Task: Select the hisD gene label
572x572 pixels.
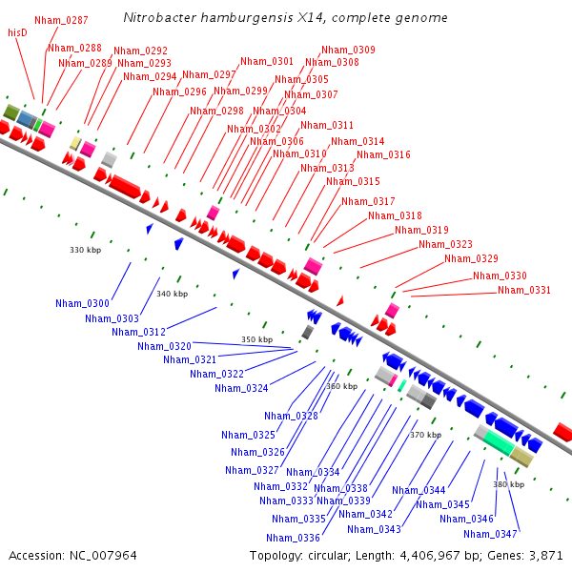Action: pos(17,32)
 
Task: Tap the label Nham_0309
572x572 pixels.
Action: pos(348,50)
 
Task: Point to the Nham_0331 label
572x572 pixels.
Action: pos(523,290)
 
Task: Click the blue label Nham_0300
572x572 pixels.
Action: pos(82,303)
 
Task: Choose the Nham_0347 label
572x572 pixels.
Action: pos(491,534)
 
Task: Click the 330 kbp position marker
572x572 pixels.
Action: pos(85,250)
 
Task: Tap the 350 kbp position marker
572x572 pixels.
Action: pos(255,339)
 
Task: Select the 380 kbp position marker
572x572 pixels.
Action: pos(509,484)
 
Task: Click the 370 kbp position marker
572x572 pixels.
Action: pos(425,435)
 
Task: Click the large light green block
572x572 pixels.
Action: pos(499,442)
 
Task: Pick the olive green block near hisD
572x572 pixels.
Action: pos(11,112)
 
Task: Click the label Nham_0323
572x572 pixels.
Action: pos(445,244)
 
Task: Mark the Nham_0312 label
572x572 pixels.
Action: pos(138,332)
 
